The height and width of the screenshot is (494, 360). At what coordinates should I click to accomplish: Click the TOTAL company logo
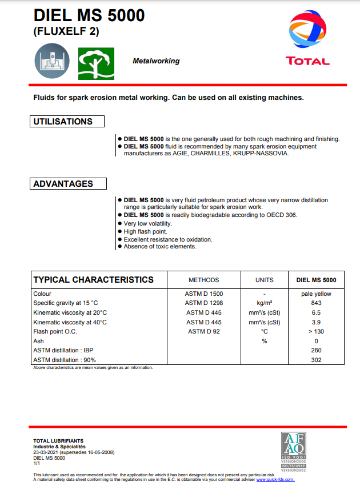point(307,40)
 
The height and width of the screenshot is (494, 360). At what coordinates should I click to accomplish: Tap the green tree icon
point(96,63)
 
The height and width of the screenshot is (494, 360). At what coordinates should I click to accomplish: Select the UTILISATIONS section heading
point(63,122)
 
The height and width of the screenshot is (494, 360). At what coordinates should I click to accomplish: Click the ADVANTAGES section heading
point(63,184)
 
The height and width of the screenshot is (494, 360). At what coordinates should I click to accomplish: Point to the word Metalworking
point(156,61)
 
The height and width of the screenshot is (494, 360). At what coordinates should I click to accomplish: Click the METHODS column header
point(203,280)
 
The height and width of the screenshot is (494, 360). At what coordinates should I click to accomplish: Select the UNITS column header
point(264,280)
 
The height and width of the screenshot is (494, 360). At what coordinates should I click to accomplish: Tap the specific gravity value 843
point(316,303)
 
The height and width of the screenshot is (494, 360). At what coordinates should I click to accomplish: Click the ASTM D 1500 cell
point(203,294)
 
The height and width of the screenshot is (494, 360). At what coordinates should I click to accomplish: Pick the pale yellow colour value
point(316,294)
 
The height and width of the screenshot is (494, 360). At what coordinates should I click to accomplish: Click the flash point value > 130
point(316,331)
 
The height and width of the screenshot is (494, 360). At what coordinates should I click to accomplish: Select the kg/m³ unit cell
point(264,303)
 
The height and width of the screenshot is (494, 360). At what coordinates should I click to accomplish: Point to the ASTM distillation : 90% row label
point(65,360)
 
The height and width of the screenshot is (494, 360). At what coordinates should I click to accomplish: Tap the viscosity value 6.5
point(316,313)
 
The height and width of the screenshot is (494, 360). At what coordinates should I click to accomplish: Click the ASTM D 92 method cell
point(203,331)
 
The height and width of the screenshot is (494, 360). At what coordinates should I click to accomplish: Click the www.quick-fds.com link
point(275,479)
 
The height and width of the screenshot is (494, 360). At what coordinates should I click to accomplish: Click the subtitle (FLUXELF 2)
point(66,32)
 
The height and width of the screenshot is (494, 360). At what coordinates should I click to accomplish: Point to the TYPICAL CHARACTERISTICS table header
point(93,280)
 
